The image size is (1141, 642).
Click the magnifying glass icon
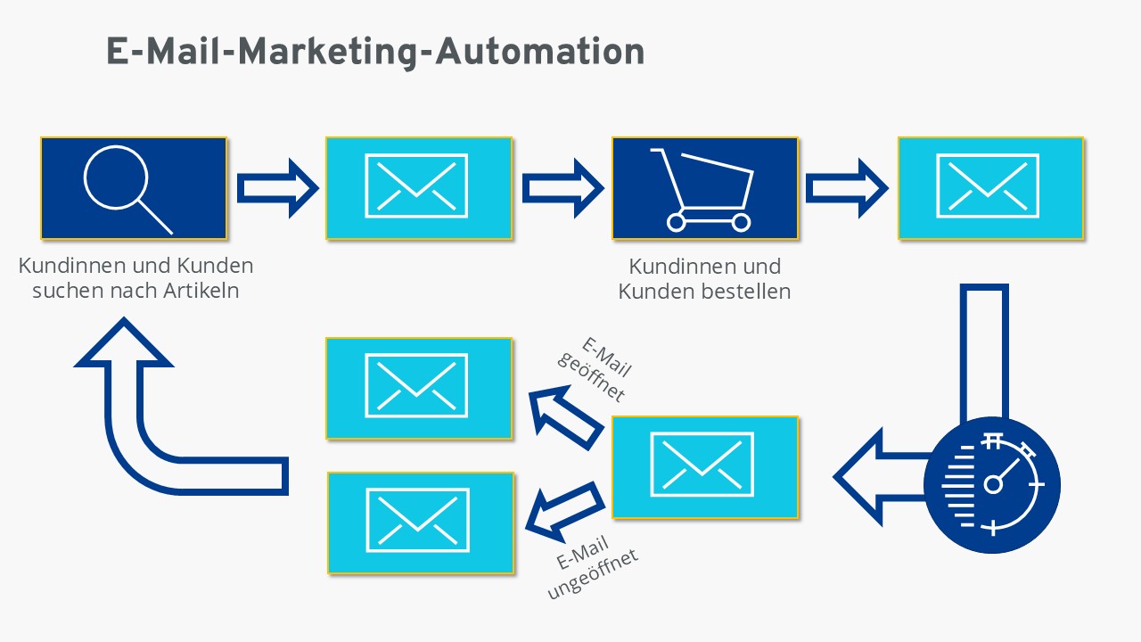[x=116, y=178]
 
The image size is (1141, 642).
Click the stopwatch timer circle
[x=992, y=484]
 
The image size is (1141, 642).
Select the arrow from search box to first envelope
[x=277, y=188]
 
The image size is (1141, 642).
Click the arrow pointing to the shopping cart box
[x=562, y=188]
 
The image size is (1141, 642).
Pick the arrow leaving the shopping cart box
[x=847, y=188]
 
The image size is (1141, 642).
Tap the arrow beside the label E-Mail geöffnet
[x=566, y=416]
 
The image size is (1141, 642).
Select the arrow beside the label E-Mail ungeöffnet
[x=565, y=511]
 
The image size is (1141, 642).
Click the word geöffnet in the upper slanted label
[x=591, y=377]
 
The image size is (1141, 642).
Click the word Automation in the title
[x=540, y=52]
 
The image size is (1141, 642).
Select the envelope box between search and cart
[x=419, y=188]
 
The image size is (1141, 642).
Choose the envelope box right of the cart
[x=990, y=188]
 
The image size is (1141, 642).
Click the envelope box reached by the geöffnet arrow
[x=419, y=388]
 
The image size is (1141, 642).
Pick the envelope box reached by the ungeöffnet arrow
[x=421, y=523]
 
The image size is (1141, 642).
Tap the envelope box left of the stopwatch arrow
[x=705, y=467]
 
